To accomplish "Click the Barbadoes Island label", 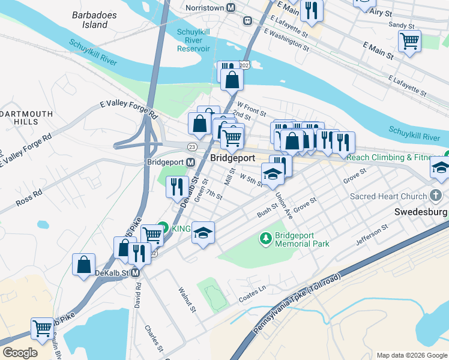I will click(89, 19).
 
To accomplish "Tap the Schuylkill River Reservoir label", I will click(193, 40).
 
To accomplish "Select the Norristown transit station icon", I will click(247, 20).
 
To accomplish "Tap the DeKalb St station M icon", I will click(136, 273).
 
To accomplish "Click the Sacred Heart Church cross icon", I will click(436, 195).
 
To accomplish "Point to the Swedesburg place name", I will click(421, 212).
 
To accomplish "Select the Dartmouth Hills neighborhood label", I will click(27, 117).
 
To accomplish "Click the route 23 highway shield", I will click(191, 147).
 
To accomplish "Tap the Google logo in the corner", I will click(20, 352).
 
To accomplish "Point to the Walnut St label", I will click(187, 299).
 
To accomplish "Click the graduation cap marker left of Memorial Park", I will click(203, 233).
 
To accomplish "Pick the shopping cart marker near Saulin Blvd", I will click(42, 328).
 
